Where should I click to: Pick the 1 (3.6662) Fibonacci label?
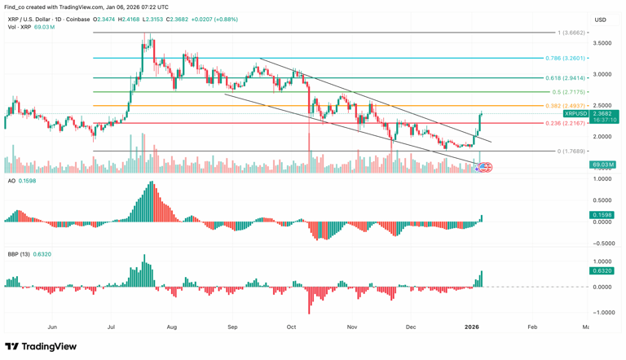[571, 33]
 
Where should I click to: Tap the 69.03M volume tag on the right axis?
[603, 165]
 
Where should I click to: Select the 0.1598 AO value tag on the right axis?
[603, 215]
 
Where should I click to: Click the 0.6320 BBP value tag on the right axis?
[603, 270]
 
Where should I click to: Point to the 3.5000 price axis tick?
[603, 43]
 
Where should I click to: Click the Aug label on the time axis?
[172, 327]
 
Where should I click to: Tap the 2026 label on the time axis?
[472, 327]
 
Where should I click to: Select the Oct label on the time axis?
[291, 327]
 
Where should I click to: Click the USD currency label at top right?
[601, 20]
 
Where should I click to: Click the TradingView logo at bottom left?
[41, 347]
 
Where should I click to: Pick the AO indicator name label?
[11, 181]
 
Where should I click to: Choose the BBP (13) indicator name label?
[18, 254]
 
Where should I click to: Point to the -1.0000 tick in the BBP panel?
[603, 312]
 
